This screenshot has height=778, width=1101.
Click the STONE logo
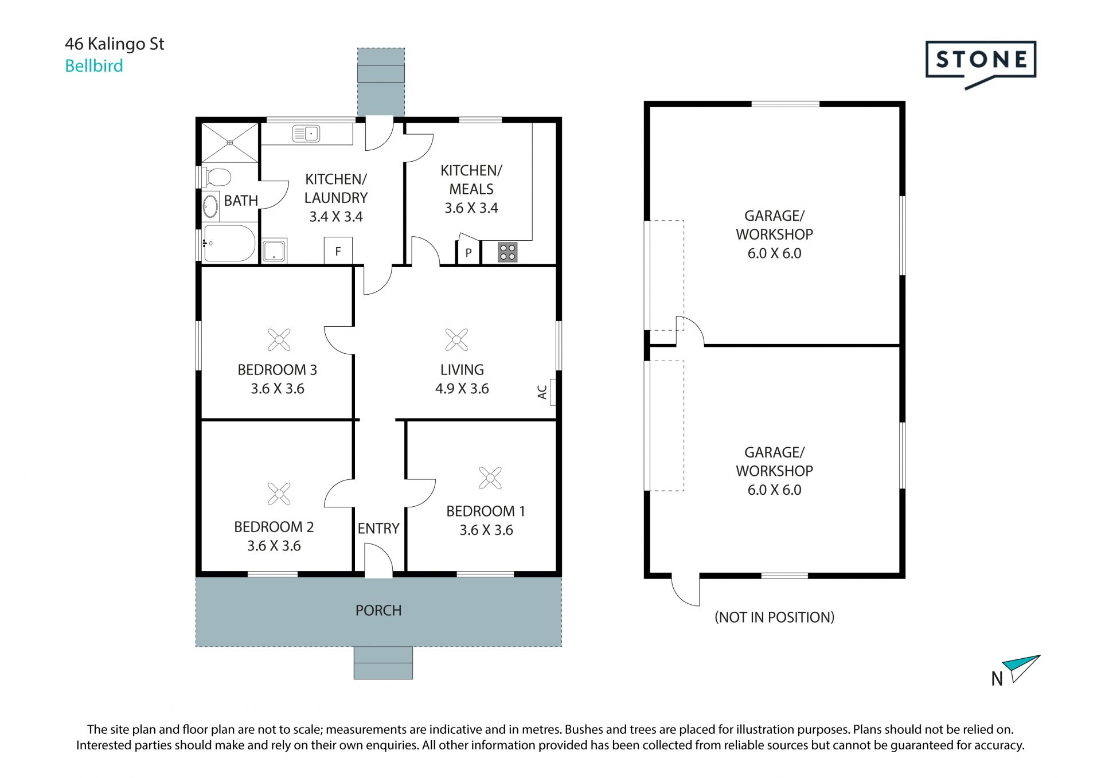(x=981, y=64)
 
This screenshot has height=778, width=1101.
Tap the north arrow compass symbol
(x=1024, y=668)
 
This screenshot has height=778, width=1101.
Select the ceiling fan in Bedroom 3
(x=279, y=340)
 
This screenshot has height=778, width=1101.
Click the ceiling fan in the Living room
(x=456, y=340)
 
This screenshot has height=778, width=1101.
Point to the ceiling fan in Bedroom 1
(x=490, y=478)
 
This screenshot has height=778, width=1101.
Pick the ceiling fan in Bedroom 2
(x=279, y=494)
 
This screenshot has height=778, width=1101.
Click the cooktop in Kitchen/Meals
(x=507, y=252)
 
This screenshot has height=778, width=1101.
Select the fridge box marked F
(x=338, y=251)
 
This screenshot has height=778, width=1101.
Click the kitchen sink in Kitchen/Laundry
(x=306, y=134)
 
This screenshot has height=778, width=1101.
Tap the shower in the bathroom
(x=229, y=142)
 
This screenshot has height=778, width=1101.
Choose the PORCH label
(x=378, y=611)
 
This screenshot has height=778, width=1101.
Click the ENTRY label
(x=378, y=529)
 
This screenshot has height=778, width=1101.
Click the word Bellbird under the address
(x=94, y=66)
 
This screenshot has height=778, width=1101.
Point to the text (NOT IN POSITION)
(x=774, y=617)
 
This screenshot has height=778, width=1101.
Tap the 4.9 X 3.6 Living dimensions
(x=462, y=389)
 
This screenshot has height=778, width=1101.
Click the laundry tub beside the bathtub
(x=274, y=251)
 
